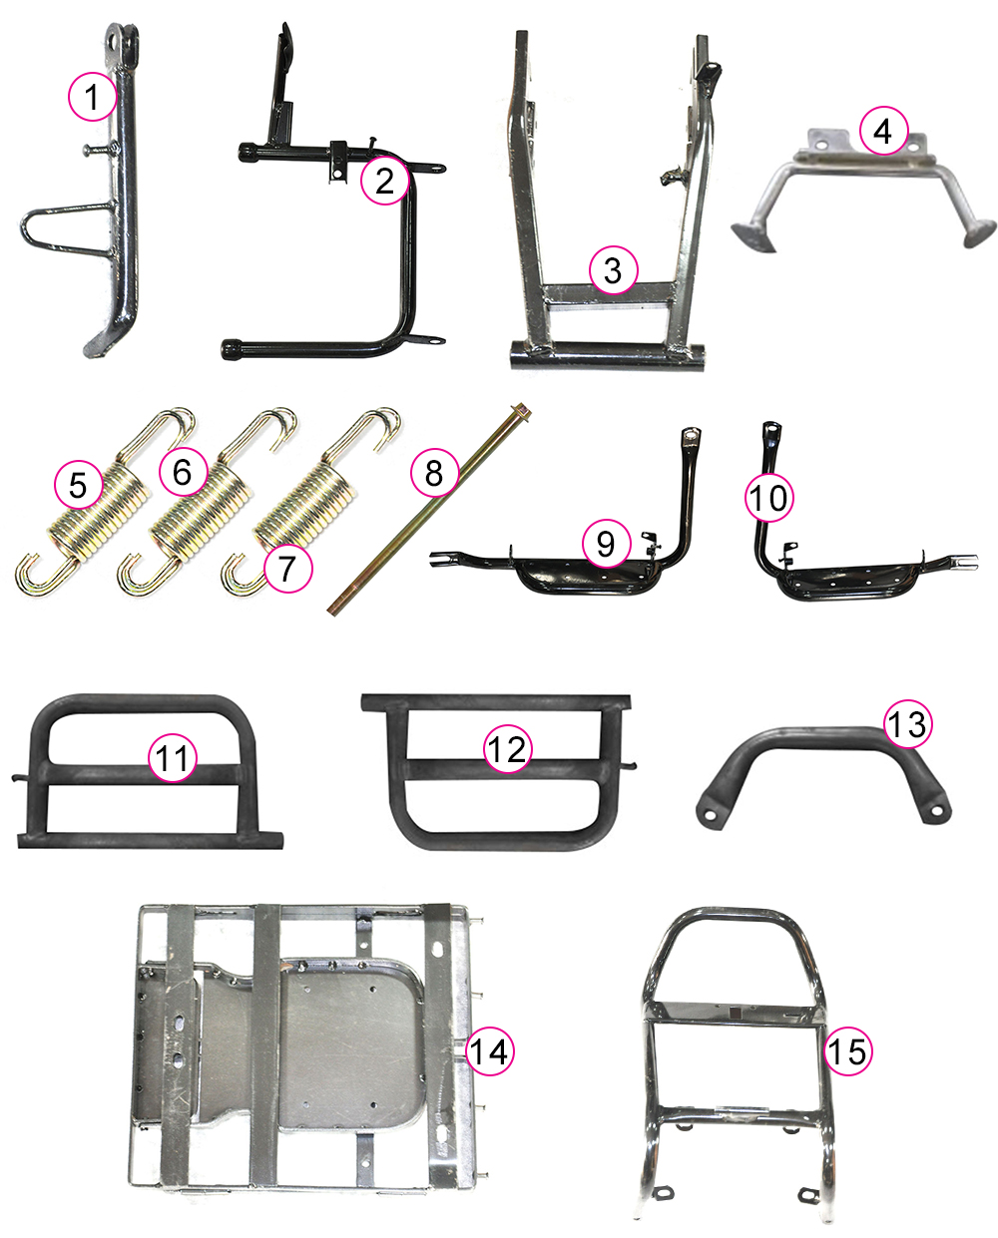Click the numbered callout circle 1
[93, 97]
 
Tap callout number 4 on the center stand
[883, 131]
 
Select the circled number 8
[434, 473]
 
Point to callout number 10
[768, 498]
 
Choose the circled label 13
[907, 724]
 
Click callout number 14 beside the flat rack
[489, 1051]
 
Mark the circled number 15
[848, 1051]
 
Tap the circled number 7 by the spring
[287, 568]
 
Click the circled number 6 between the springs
[183, 472]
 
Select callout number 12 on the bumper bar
[508, 749]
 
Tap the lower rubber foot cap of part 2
[232, 348]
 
